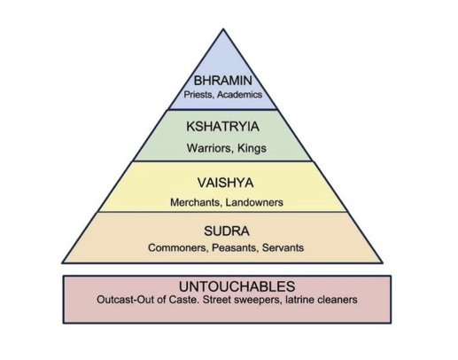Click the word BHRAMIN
pyautogui.click(x=223, y=81)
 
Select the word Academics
pyautogui.click(x=239, y=95)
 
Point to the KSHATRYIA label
pyautogui.click(x=222, y=127)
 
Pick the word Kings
pyautogui.click(x=252, y=148)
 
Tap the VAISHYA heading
pyautogui.click(x=225, y=183)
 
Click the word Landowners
pyautogui.click(x=254, y=202)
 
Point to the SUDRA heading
pyautogui.click(x=227, y=231)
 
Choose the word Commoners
pyautogui.click(x=178, y=247)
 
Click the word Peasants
pyautogui.click(x=235, y=247)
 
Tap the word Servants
pyautogui.click(x=283, y=247)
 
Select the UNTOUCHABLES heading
pyautogui.click(x=237, y=286)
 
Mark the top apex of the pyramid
pyautogui.click(x=223, y=29)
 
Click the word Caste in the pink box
pyautogui.click(x=183, y=300)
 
